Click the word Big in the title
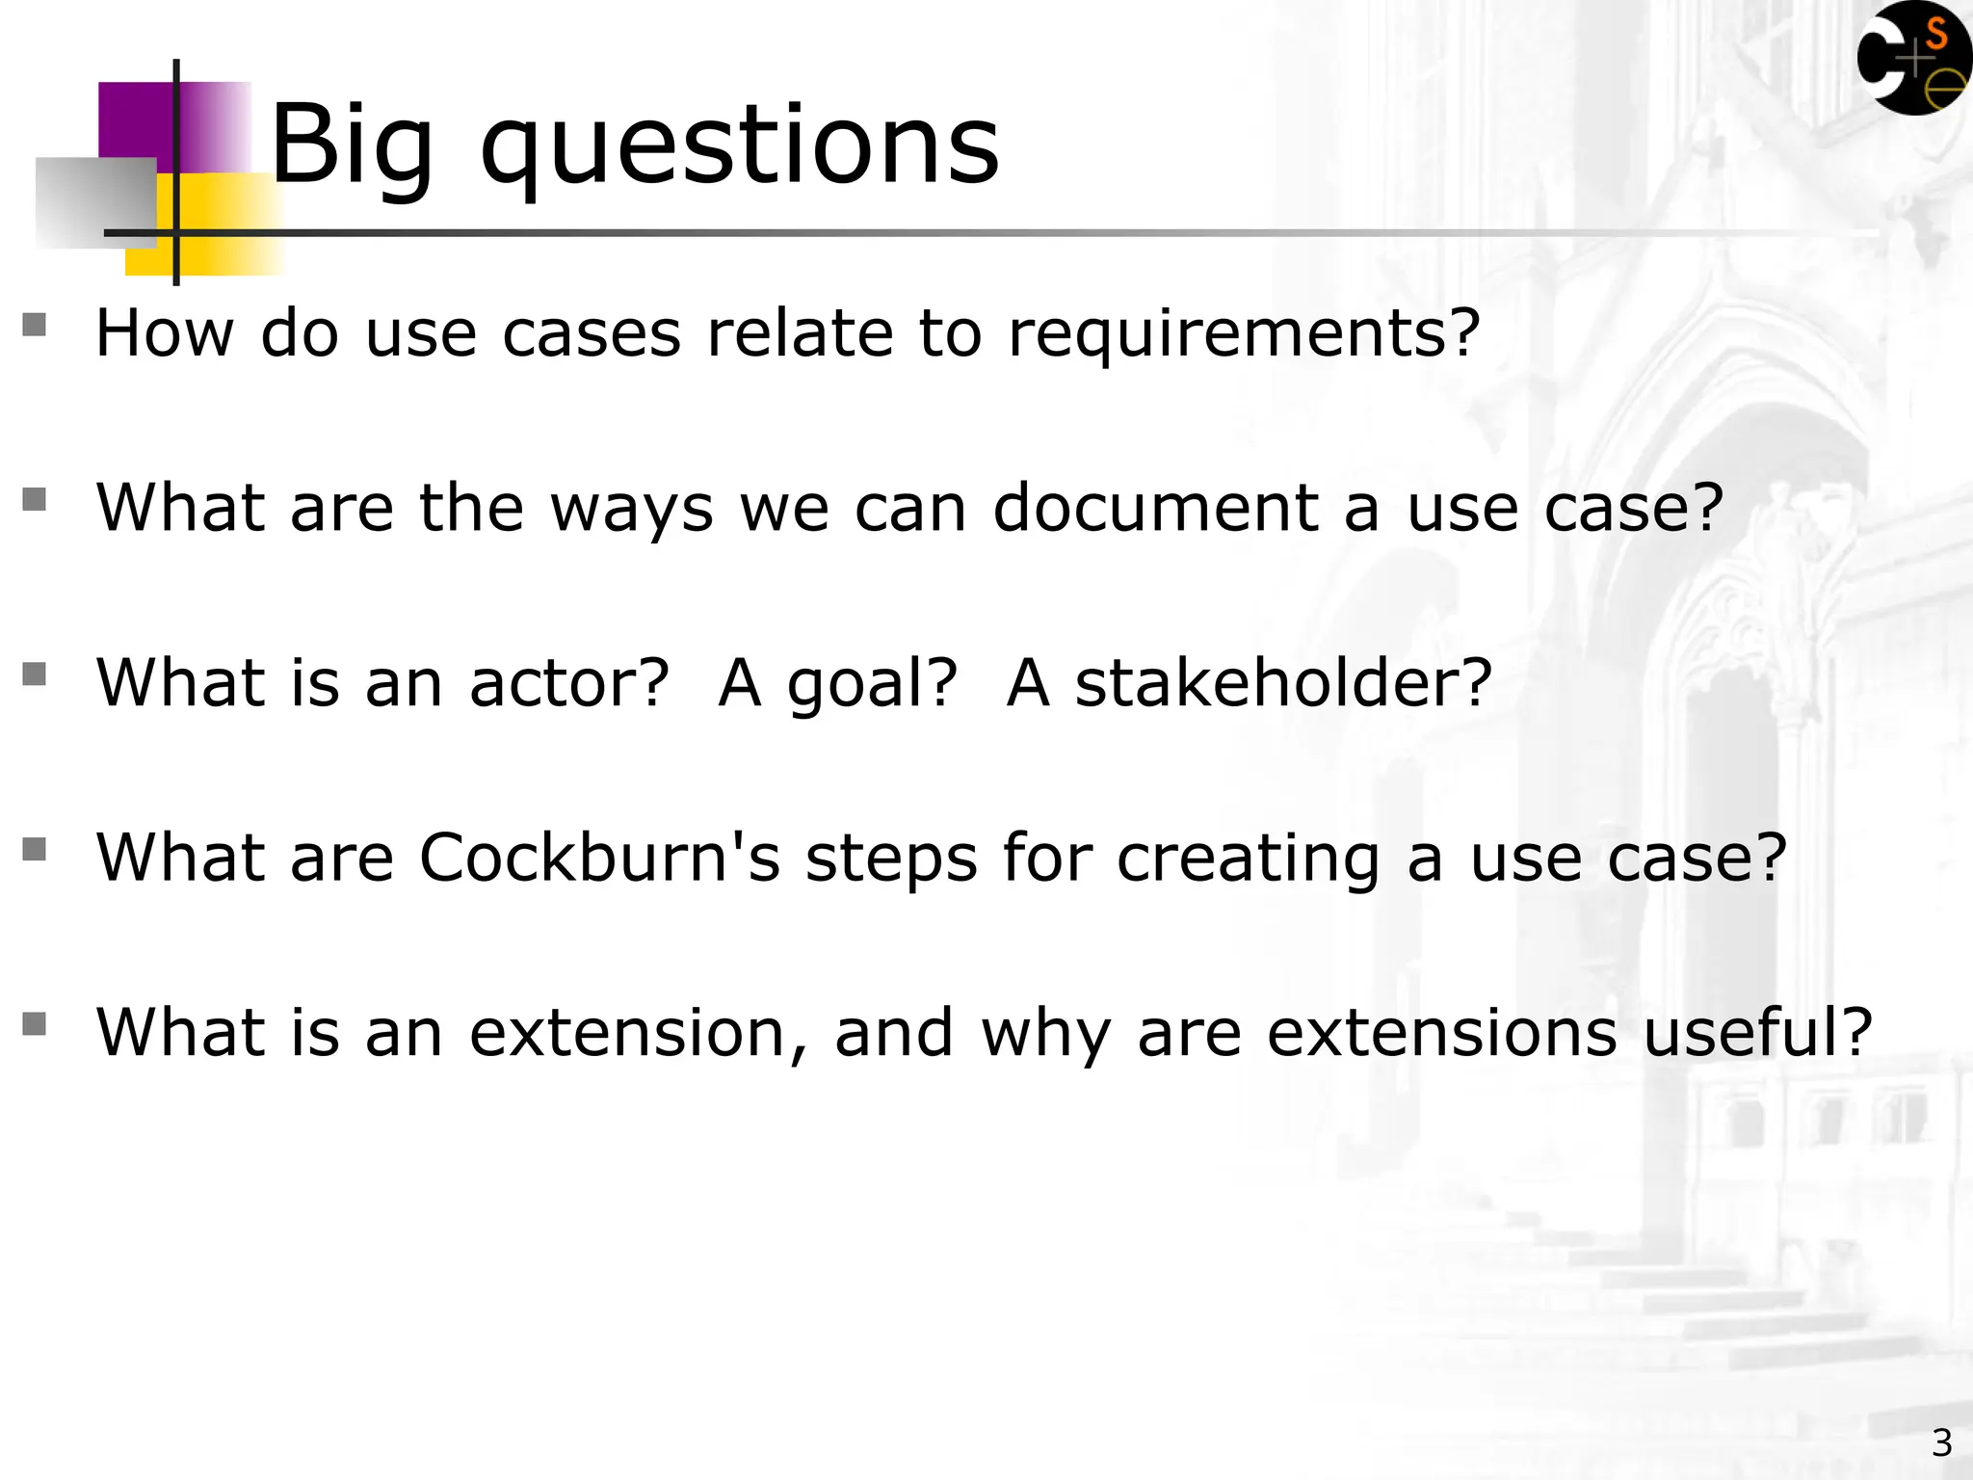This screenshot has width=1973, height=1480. (352, 146)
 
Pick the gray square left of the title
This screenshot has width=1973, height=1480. (95, 203)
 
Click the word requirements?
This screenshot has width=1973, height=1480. (1244, 334)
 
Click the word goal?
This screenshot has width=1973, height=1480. (873, 685)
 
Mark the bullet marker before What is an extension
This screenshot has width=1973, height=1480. (35, 1023)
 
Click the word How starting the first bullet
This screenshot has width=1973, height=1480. (165, 334)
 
